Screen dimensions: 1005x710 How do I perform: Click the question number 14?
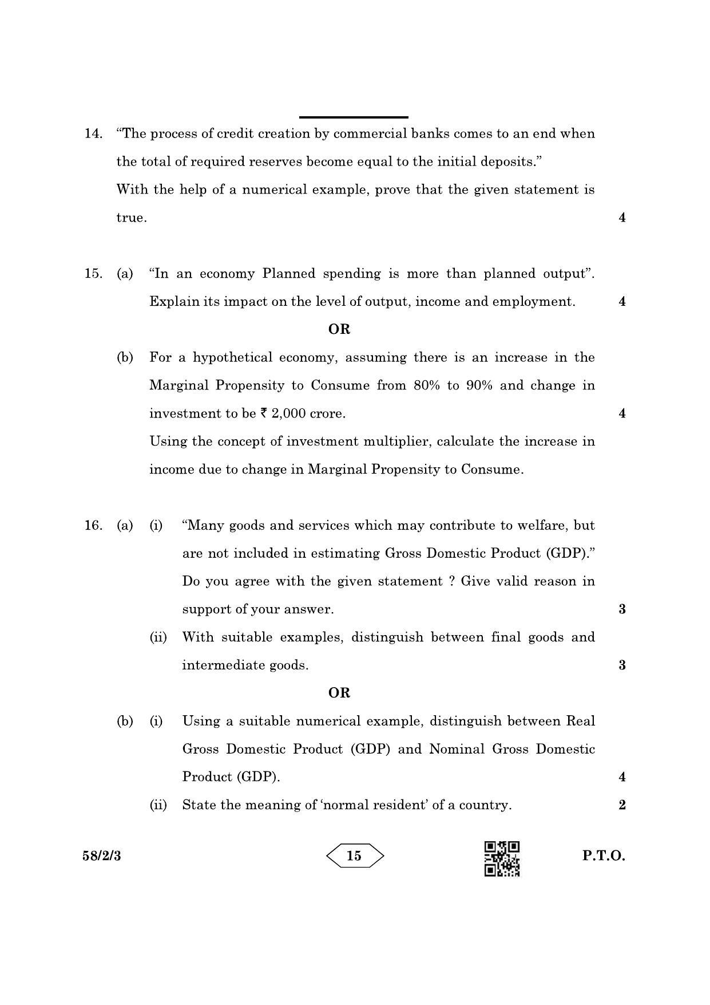coord(93,134)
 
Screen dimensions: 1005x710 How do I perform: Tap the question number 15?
coord(93,274)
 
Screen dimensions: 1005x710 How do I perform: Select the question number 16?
coord(93,526)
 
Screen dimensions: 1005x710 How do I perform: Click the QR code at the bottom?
coord(502,858)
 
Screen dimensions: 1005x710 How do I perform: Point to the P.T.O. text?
coord(604,856)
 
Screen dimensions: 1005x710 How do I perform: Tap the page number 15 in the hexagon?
coord(354,856)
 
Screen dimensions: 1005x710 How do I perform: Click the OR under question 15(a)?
coord(339,329)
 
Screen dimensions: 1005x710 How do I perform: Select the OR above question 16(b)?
coord(339,693)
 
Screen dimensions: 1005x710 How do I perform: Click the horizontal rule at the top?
coord(353,117)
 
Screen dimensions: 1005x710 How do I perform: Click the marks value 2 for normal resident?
coord(622,805)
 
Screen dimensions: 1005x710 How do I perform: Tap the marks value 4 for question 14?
coord(622,218)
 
